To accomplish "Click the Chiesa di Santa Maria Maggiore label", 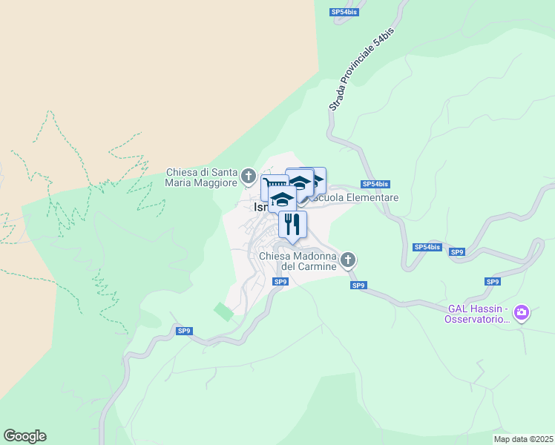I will point(202,177).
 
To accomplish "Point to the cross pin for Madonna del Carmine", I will point(348,260).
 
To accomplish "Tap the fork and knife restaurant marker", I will point(292,223).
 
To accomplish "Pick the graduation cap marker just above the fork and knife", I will point(282,198).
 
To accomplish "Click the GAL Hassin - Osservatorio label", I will point(477,314).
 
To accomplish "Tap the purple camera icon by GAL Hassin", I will point(522,313).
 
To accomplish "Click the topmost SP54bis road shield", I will point(344,12).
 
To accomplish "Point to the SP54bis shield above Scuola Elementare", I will point(375,184).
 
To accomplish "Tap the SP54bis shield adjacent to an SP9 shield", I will point(427,247).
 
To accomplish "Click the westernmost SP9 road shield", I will point(185,332).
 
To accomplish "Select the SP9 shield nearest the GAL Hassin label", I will point(493,282).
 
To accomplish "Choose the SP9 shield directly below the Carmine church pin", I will point(358,286).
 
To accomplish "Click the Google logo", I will point(24,436).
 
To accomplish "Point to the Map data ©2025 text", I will point(524,439).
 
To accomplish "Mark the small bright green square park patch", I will point(223,311).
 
